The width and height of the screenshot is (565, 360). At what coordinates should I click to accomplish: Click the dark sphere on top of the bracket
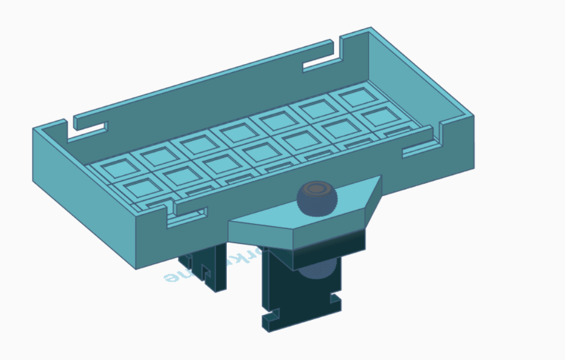pyautogui.click(x=317, y=197)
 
